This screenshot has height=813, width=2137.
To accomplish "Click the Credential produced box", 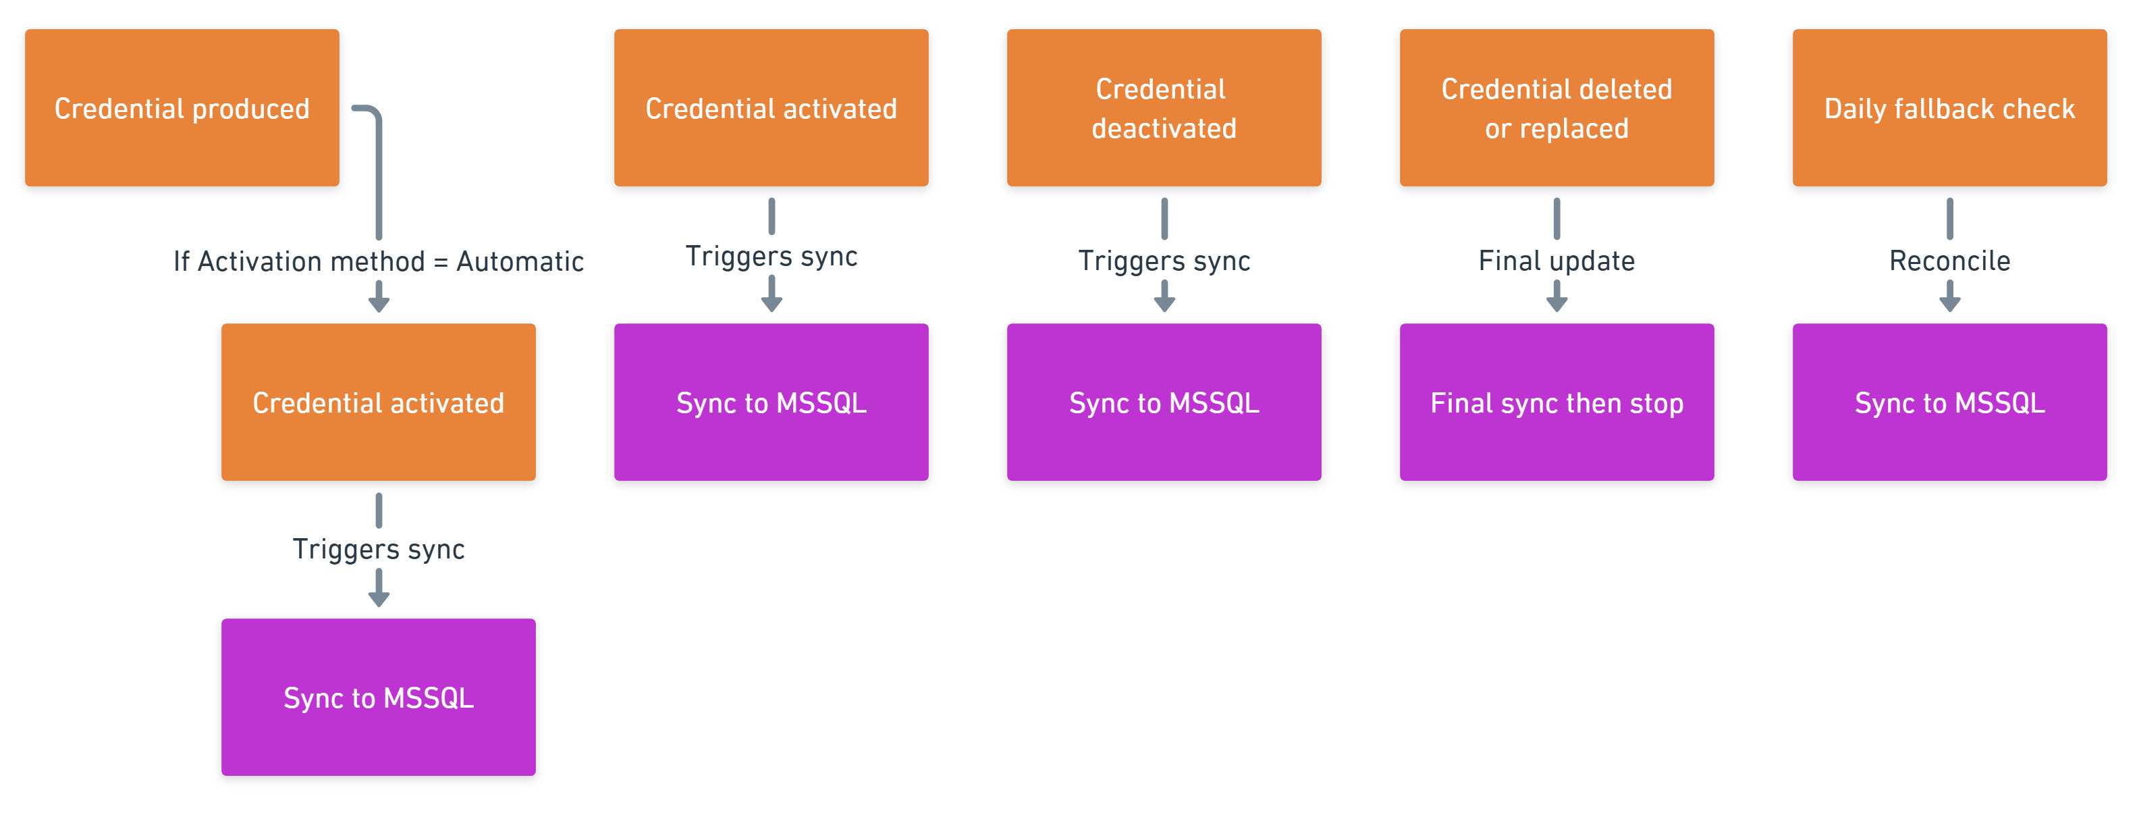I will point(182,108).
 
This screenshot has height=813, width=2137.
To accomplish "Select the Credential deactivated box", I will point(1163,108).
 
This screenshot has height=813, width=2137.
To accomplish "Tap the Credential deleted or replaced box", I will point(1557,108).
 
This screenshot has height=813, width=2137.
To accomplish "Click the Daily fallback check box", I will point(1949,108).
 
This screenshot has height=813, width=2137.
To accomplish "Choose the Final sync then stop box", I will point(1557,402).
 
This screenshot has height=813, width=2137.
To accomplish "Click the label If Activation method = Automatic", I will point(378,261).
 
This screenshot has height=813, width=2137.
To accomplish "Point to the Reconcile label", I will point(1949,261).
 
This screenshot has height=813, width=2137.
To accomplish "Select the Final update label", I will point(1557,261).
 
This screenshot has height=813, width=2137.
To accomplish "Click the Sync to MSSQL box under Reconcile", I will point(1949,402).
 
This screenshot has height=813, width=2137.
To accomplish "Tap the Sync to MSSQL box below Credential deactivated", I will point(1163,402).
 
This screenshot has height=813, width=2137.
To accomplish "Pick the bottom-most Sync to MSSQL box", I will point(378,697).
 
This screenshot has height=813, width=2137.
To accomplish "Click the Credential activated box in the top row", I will point(771,108).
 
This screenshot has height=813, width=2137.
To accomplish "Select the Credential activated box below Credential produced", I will point(378,402).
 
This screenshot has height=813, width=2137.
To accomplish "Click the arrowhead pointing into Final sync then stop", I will point(1557,303).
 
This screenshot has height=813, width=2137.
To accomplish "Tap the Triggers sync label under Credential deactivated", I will point(1163,261).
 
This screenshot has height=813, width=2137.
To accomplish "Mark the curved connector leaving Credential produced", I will point(378,166).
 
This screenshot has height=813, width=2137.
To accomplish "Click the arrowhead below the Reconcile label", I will point(1949,303).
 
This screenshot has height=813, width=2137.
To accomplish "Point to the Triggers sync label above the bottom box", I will point(378,548).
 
